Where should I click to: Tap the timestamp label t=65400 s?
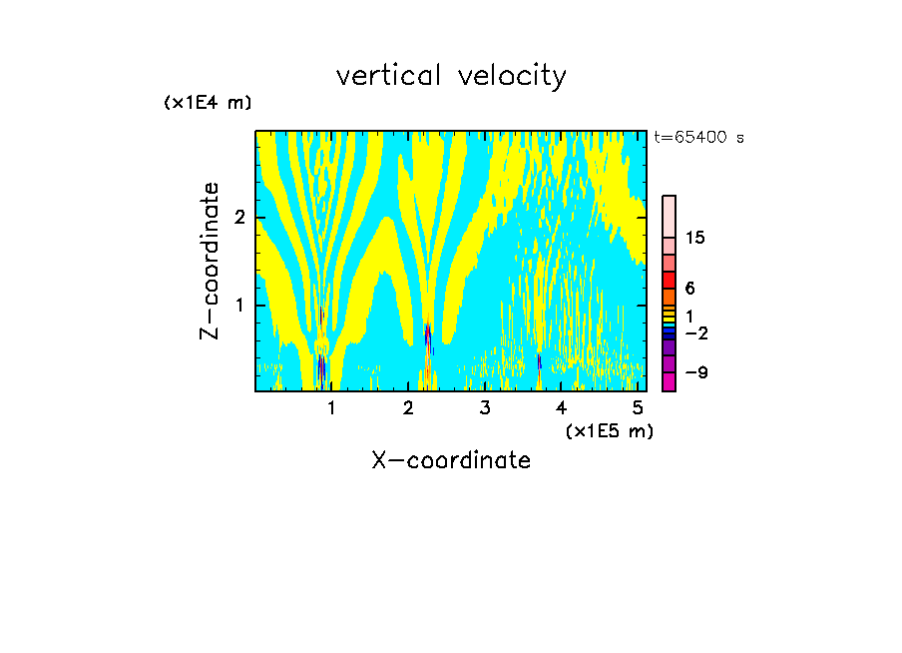(x=698, y=138)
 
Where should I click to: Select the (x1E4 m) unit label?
(x=208, y=103)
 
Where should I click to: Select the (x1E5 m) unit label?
(x=609, y=430)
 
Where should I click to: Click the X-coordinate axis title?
(x=451, y=460)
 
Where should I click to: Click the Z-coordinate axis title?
(x=210, y=261)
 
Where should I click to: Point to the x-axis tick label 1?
(x=331, y=407)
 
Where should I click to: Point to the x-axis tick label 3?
(x=484, y=407)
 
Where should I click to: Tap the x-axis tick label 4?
(x=561, y=407)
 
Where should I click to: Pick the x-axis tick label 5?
(x=637, y=407)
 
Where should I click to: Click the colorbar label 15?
(x=695, y=238)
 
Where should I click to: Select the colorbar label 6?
(x=689, y=289)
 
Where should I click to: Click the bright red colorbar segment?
(x=669, y=280)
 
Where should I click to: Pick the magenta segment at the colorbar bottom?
(x=669, y=381)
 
